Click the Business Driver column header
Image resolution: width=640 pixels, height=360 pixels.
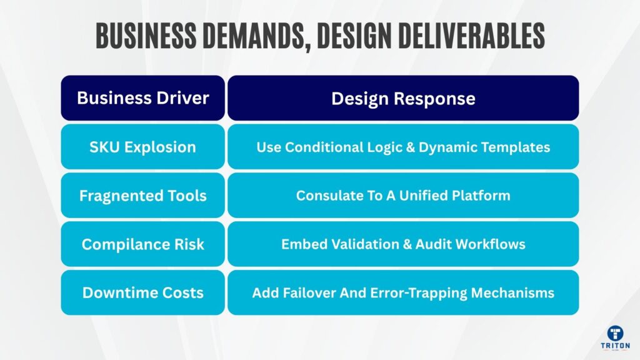tap(142, 98)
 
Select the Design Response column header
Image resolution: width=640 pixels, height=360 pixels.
tap(403, 98)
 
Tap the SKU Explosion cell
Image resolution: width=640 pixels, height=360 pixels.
tap(142, 147)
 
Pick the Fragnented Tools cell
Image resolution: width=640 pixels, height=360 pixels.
tap(142, 196)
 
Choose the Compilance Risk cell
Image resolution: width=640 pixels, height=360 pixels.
tap(142, 244)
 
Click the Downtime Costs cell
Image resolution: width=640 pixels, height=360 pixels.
tap(142, 292)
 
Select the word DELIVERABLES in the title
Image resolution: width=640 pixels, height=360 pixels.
tap(475, 36)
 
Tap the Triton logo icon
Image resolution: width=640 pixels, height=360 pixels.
tap(616, 334)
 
